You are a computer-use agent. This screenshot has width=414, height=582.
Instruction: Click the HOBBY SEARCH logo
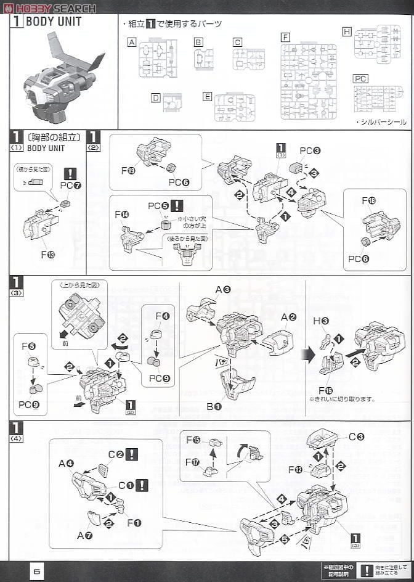[x=49, y=8]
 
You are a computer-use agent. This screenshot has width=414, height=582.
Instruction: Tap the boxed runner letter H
[x=347, y=31]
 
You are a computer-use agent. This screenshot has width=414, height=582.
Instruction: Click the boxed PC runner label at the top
[x=360, y=78]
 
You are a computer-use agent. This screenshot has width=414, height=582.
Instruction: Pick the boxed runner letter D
[x=156, y=97]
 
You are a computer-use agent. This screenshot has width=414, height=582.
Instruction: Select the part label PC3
[x=310, y=150]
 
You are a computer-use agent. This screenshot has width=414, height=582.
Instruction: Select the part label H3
[x=325, y=321]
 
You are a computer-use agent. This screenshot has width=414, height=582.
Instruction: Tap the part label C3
[x=357, y=436]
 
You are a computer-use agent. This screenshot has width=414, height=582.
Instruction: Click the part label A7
[x=84, y=535]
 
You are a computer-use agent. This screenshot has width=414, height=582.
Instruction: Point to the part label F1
[x=134, y=523]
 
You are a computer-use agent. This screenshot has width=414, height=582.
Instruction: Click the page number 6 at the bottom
[x=37, y=571]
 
